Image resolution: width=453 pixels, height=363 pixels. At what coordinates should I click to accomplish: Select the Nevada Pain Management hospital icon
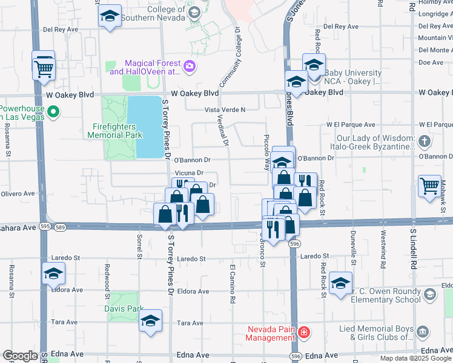click(303, 332)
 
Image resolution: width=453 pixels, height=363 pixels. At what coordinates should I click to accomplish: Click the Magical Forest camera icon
click(190, 66)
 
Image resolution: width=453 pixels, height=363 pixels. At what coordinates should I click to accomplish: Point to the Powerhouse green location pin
click(53, 111)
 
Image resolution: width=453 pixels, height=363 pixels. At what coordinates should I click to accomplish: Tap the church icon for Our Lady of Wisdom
click(425, 142)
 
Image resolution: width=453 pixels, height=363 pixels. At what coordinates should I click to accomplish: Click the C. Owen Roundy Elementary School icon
click(429, 295)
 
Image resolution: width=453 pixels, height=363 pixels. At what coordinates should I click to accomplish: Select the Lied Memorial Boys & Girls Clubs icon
click(423, 332)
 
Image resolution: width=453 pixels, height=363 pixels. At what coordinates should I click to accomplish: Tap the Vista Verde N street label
click(225, 110)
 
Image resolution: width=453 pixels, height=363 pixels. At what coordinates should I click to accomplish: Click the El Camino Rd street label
click(232, 284)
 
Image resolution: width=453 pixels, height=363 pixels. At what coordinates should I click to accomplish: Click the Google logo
click(20, 356)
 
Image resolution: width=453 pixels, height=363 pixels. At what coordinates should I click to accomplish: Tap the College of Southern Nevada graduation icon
click(194, 12)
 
